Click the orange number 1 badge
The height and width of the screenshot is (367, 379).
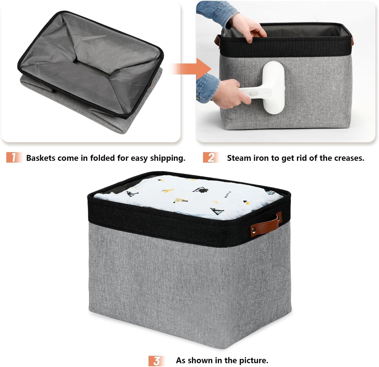(14, 157)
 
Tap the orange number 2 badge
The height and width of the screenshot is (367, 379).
(211, 157)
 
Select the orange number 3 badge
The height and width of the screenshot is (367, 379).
(156, 361)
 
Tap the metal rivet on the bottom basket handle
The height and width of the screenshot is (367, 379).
(254, 231)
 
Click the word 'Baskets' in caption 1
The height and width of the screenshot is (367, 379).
(41, 158)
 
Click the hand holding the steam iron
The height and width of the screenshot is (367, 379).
(231, 93)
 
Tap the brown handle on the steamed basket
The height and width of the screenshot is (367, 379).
(217, 40)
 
